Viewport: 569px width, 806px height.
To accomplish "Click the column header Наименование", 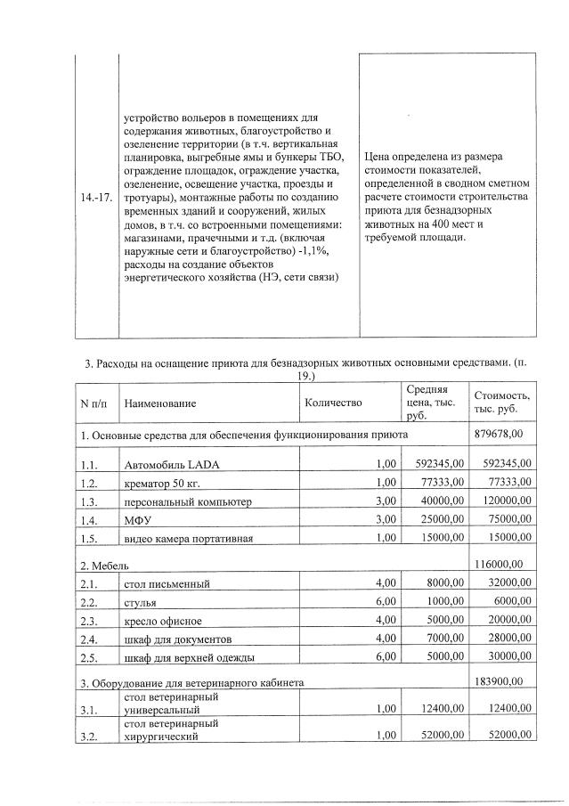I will [x=160, y=403].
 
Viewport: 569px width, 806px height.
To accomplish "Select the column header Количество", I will [x=333, y=403].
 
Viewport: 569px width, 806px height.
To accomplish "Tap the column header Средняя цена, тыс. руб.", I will [x=427, y=403].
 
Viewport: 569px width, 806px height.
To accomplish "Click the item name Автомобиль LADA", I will [x=167, y=464].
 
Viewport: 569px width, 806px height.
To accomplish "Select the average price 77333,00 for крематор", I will [x=442, y=482].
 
